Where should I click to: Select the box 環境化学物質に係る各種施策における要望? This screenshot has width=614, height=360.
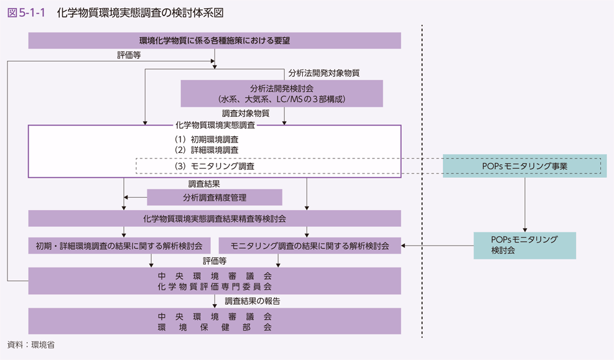click(x=215, y=40)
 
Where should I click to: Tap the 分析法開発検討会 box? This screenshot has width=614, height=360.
click(x=281, y=93)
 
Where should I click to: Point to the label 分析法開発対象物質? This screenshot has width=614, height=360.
click(x=324, y=73)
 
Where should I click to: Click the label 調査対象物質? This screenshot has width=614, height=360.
click(x=246, y=113)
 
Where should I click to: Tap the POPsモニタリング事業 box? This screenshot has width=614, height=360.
click(x=524, y=167)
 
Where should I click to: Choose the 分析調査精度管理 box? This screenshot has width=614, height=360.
click(x=215, y=198)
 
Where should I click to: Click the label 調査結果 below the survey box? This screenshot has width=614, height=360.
click(x=204, y=184)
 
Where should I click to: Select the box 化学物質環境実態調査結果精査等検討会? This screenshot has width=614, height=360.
click(x=215, y=218)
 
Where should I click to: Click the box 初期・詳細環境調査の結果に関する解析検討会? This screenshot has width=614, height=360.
click(x=119, y=246)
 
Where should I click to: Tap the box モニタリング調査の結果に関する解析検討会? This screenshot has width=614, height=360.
click(x=310, y=246)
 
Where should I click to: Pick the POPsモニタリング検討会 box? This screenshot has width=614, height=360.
click(x=524, y=246)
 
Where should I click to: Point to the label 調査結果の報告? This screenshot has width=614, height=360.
click(x=252, y=301)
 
